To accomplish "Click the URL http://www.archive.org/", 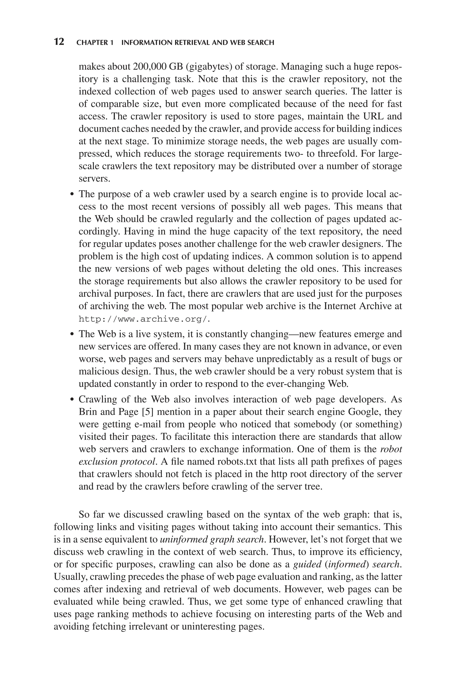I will click(x=144, y=319).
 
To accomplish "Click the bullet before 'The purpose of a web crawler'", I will click(x=72, y=195).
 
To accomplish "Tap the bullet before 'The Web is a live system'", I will click(x=72, y=334).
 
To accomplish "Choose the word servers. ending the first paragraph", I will click(x=94, y=179).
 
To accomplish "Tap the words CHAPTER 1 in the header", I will click(x=95, y=43).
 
